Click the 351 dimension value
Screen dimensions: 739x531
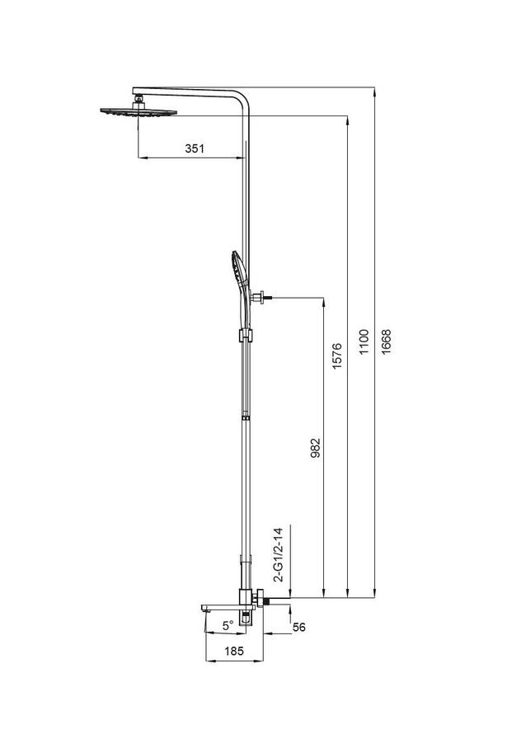coord(193,148)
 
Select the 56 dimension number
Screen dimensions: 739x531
coord(299,628)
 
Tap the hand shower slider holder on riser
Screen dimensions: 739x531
coord(243,335)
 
